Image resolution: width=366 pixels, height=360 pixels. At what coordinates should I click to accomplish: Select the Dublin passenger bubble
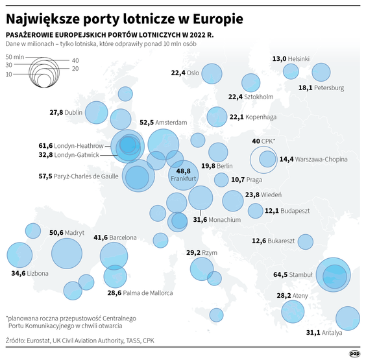pos(96,112)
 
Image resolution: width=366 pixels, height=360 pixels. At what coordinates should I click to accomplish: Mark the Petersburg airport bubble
pos(321,73)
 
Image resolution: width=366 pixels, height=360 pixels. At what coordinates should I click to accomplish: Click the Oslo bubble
pos(212,73)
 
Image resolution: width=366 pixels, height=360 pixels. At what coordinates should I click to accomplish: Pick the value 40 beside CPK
pos(256,141)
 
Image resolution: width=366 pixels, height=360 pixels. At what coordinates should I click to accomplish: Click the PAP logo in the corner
pos(354,353)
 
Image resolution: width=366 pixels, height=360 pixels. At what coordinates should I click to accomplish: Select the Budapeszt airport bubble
pos(254,210)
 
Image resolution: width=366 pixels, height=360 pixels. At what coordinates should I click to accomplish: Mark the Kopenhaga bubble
pos(217,117)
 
